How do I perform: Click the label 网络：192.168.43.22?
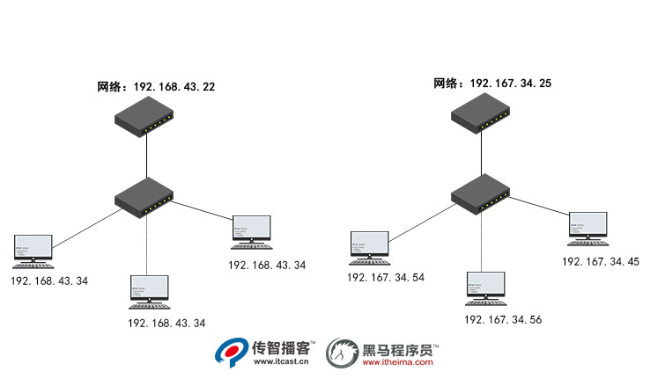(x=156, y=87)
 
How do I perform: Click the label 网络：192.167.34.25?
(x=492, y=84)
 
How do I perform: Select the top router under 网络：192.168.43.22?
(x=146, y=116)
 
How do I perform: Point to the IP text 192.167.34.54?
(x=385, y=277)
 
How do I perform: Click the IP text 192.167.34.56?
(x=502, y=319)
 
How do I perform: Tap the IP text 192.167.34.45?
(x=600, y=261)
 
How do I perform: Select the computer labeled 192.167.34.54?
(x=369, y=247)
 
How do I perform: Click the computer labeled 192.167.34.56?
(x=485, y=289)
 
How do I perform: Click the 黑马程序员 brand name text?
(x=400, y=348)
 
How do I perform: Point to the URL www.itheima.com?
(x=397, y=362)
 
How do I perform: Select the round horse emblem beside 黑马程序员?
(x=342, y=353)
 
